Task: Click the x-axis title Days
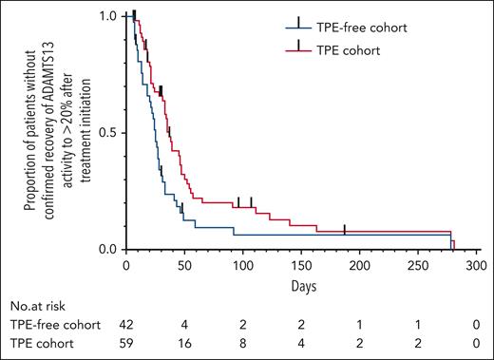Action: tap(304, 284)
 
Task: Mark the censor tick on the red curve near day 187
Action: tap(345, 229)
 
